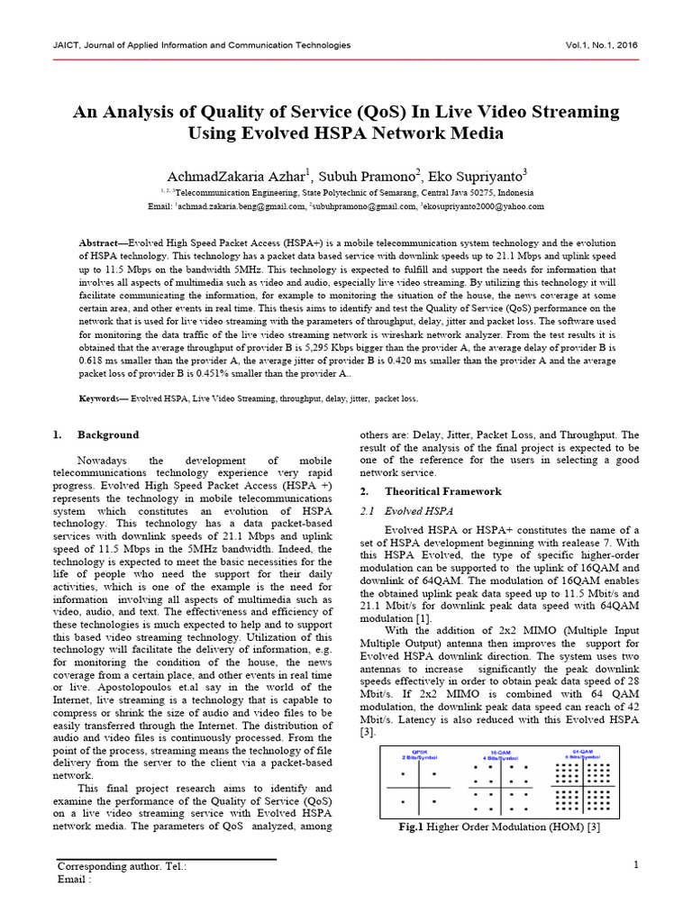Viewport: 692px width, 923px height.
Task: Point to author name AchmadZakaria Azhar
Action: click(233, 175)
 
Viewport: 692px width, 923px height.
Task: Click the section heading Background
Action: click(108, 434)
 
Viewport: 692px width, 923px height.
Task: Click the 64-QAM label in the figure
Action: click(584, 751)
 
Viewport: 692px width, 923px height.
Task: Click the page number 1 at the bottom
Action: click(636, 866)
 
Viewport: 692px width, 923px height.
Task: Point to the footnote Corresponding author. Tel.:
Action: click(122, 867)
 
